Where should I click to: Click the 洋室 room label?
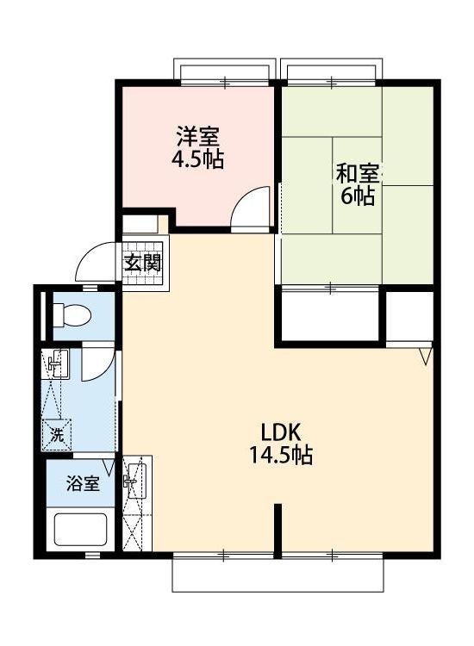pyautogui.click(x=198, y=136)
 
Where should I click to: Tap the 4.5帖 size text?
pyautogui.click(x=198, y=159)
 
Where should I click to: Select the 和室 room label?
pyautogui.click(x=358, y=173)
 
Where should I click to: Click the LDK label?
pyautogui.click(x=281, y=432)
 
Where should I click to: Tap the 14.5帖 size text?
pyautogui.click(x=280, y=455)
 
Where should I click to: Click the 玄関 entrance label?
pyautogui.click(x=142, y=262)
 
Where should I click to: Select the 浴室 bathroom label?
pyautogui.click(x=83, y=483)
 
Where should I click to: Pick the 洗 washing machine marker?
pyautogui.click(x=57, y=434)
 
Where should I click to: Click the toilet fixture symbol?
pyautogui.click(x=72, y=315)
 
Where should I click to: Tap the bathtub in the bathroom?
pyautogui.click(x=81, y=530)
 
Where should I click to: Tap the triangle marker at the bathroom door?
pyautogui.click(x=109, y=466)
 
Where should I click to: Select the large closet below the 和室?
pyautogui.click(x=330, y=315)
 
